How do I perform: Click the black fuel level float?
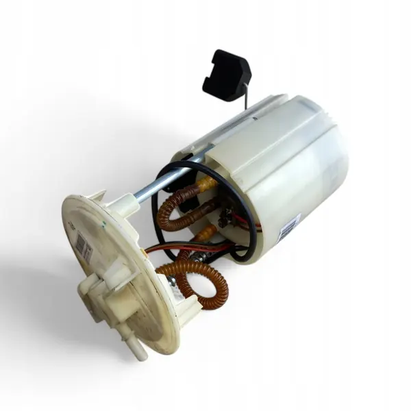pyautogui.click(x=227, y=75)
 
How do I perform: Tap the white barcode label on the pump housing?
pyautogui.click(x=288, y=227)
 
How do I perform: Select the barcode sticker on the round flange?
pyautogui.click(x=84, y=247)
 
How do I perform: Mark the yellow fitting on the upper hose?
pyautogui.click(x=206, y=184)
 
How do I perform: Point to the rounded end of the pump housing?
pyautogui.click(x=322, y=164)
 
